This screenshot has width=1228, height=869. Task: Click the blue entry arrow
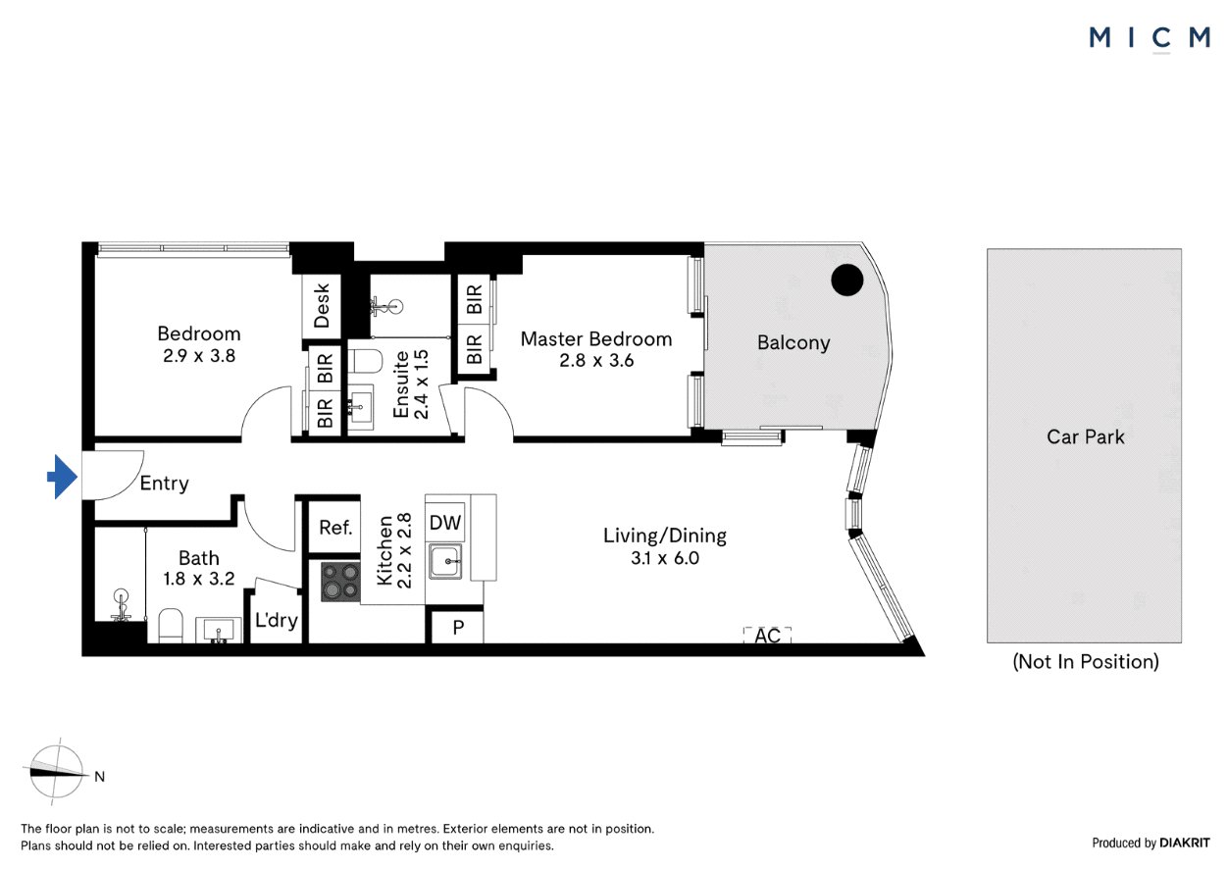click(x=62, y=477)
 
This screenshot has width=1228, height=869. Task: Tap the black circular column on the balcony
click(x=847, y=281)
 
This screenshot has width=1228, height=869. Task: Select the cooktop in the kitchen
click(x=340, y=582)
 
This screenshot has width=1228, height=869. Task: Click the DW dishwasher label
click(x=445, y=523)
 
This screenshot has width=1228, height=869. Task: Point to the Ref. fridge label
click(x=335, y=528)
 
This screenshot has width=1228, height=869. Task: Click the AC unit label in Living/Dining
click(x=767, y=636)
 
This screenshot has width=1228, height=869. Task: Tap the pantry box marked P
click(x=458, y=627)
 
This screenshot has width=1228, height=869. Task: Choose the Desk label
click(x=322, y=305)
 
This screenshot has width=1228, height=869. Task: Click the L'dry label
click(x=277, y=620)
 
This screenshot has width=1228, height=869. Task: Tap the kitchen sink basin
click(x=445, y=561)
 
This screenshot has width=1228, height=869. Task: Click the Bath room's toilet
click(x=171, y=625)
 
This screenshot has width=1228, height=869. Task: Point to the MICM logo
click(x=1150, y=38)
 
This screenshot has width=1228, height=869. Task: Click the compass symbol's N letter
click(x=99, y=777)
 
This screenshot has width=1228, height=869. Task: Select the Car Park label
click(x=1086, y=437)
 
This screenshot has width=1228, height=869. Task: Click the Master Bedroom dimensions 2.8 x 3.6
click(x=596, y=360)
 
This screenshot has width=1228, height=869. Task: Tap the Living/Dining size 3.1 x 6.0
click(x=664, y=558)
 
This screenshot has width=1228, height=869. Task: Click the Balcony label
click(x=793, y=343)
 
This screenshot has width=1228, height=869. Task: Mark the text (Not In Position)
click(x=1086, y=662)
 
